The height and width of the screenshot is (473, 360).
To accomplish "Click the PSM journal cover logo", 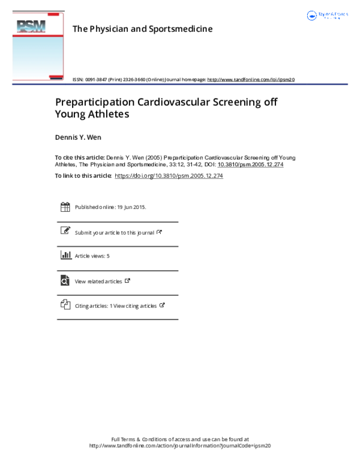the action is [x=38, y=46].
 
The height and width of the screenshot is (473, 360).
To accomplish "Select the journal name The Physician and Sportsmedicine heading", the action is [x=142, y=28].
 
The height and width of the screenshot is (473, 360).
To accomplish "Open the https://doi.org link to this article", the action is [x=169, y=176].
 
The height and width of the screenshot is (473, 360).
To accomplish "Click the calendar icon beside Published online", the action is [x=65, y=207].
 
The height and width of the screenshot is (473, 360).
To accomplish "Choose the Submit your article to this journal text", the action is [x=115, y=232].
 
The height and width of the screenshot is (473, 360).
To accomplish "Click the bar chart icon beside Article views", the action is [x=65, y=256].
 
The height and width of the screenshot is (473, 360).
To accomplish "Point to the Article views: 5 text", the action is [x=92, y=256].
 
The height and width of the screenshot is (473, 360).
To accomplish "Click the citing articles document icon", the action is [x=65, y=305].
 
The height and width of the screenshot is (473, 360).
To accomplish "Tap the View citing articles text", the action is [x=135, y=306].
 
